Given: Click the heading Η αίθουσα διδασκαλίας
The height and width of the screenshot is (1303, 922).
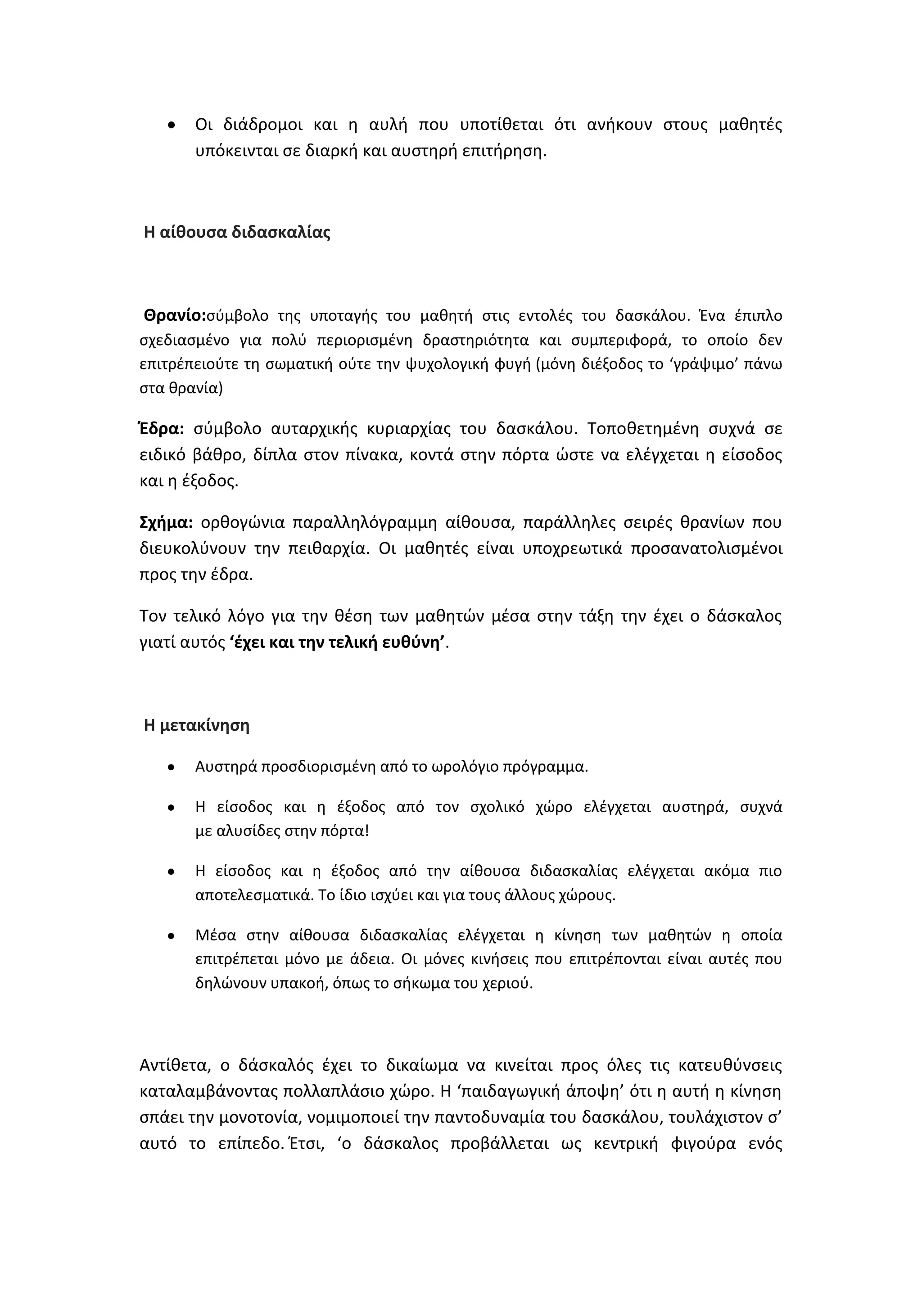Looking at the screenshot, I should [237, 232].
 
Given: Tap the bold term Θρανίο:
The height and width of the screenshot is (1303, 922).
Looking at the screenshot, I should [174, 315].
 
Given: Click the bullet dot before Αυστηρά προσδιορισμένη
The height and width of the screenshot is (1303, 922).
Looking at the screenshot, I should [171, 767].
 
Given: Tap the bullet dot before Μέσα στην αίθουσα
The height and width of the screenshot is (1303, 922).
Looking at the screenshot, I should [171, 936].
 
